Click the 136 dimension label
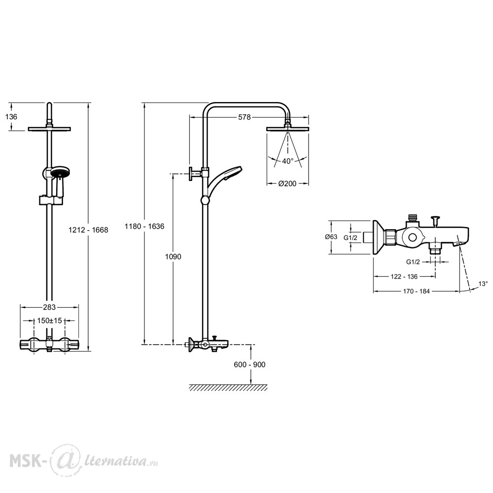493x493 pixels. pyautogui.click(x=11, y=117)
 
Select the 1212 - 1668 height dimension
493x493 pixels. pyautogui.click(x=88, y=230)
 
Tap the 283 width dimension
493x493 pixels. pyautogui.click(x=49, y=307)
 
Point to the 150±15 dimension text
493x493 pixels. pyautogui.click(x=49, y=320)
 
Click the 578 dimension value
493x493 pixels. pyautogui.click(x=245, y=117)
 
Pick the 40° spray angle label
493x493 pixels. pyautogui.click(x=288, y=161)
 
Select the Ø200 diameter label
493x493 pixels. pyautogui.click(x=287, y=183)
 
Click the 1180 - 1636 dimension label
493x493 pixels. pyautogui.click(x=144, y=226)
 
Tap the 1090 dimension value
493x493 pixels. pyautogui.click(x=173, y=257)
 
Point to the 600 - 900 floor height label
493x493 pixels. pyautogui.click(x=249, y=365)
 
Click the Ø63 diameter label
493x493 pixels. pyautogui.click(x=331, y=237)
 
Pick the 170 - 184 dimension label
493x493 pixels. pyautogui.click(x=416, y=291)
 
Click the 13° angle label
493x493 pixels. pyautogui.click(x=483, y=283)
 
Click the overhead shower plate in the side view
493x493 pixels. pyautogui.click(x=287, y=129)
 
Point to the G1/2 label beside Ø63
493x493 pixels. pyautogui.click(x=350, y=238)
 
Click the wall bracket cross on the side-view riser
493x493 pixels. pyautogui.click(x=195, y=174)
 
